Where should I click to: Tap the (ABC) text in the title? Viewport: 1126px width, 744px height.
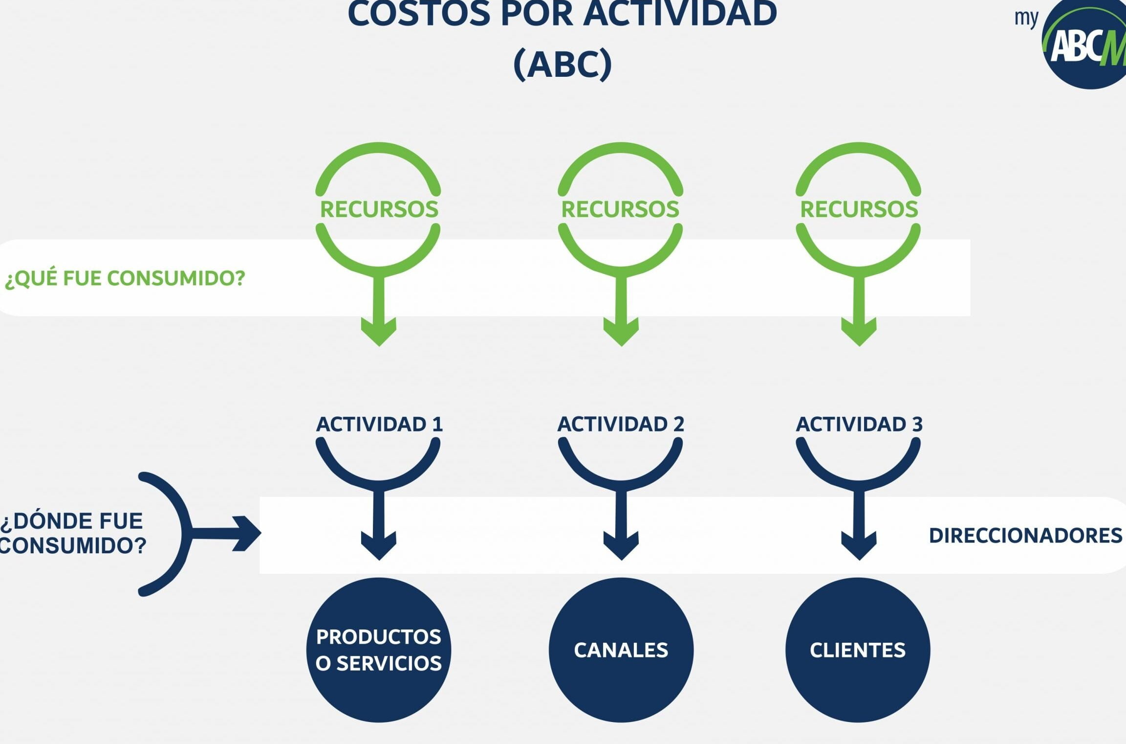coord(563,64)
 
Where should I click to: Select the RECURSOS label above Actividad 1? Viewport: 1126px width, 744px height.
coord(379,209)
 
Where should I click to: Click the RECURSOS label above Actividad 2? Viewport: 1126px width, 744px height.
coord(620,209)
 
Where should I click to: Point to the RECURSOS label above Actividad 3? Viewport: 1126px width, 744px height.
coord(859,209)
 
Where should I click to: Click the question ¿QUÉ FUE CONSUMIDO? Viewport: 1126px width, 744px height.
coord(125,278)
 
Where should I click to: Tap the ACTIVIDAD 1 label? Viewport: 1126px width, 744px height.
coord(379,424)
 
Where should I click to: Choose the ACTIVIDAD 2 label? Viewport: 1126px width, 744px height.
coord(621,424)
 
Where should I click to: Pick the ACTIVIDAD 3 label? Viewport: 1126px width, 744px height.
coord(859,424)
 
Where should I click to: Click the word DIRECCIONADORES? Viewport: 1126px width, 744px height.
coord(1025,536)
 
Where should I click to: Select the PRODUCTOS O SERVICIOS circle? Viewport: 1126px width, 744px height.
coord(379,650)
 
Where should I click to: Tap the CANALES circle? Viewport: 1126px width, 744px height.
coord(621,650)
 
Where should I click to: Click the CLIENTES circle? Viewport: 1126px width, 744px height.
coord(858,650)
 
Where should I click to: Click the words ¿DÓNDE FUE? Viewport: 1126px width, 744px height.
coord(72,521)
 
